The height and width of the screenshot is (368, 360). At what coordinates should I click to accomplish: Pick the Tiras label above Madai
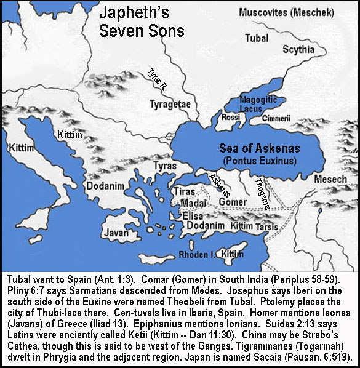[185, 192]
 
